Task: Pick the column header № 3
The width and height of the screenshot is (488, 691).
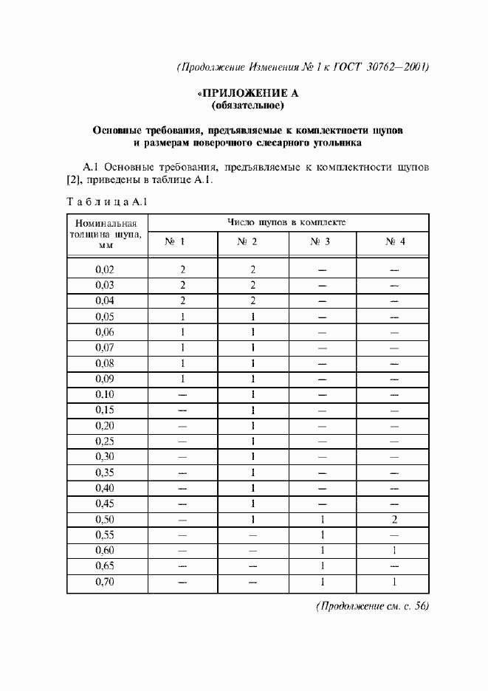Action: (x=321, y=241)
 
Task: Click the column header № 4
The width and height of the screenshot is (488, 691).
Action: (x=393, y=241)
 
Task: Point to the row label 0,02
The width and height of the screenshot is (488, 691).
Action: (x=106, y=269)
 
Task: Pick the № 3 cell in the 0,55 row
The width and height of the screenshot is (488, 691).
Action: (x=322, y=535)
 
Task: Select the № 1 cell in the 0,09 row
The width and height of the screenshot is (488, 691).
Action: (x=182, y=379)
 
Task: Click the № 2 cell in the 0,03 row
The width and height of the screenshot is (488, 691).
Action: (x=252, y=285)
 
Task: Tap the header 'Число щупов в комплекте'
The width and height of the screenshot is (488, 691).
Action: (x=287, y=221)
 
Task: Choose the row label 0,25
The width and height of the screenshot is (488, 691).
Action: (x=106, y=441)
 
